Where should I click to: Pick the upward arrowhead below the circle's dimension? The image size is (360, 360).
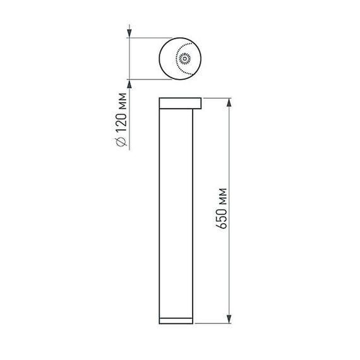[x=129, y=84]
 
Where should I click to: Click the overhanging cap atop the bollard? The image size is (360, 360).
[x=180, y=104]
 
